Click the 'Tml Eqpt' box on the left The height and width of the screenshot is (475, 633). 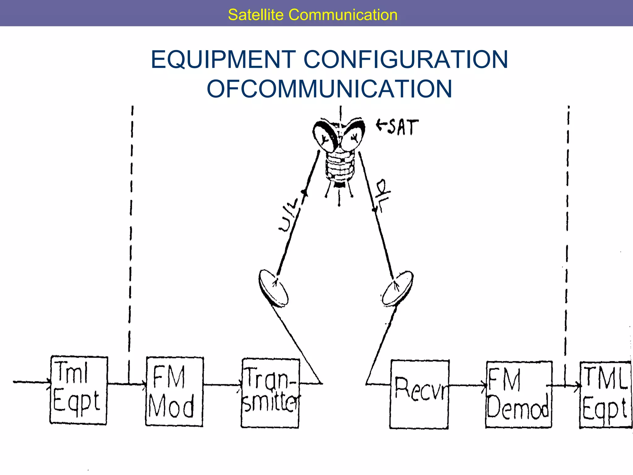[x=79, y=390]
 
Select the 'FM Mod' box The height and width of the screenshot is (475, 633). [x=174, y=392]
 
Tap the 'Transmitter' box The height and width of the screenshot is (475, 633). [x=270, y=393]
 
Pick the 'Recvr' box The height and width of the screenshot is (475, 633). [x=419, y=394]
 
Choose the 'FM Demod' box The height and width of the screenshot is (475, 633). [x=519, y=394]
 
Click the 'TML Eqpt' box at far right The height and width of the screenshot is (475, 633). [x=605, y=395]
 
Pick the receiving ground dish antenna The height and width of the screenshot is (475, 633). [x=397, y=288]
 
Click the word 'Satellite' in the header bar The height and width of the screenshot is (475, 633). [x=255, y=15]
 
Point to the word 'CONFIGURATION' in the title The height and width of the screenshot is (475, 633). [x=406, y=59]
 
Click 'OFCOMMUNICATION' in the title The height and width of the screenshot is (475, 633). [x=329, y=89]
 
